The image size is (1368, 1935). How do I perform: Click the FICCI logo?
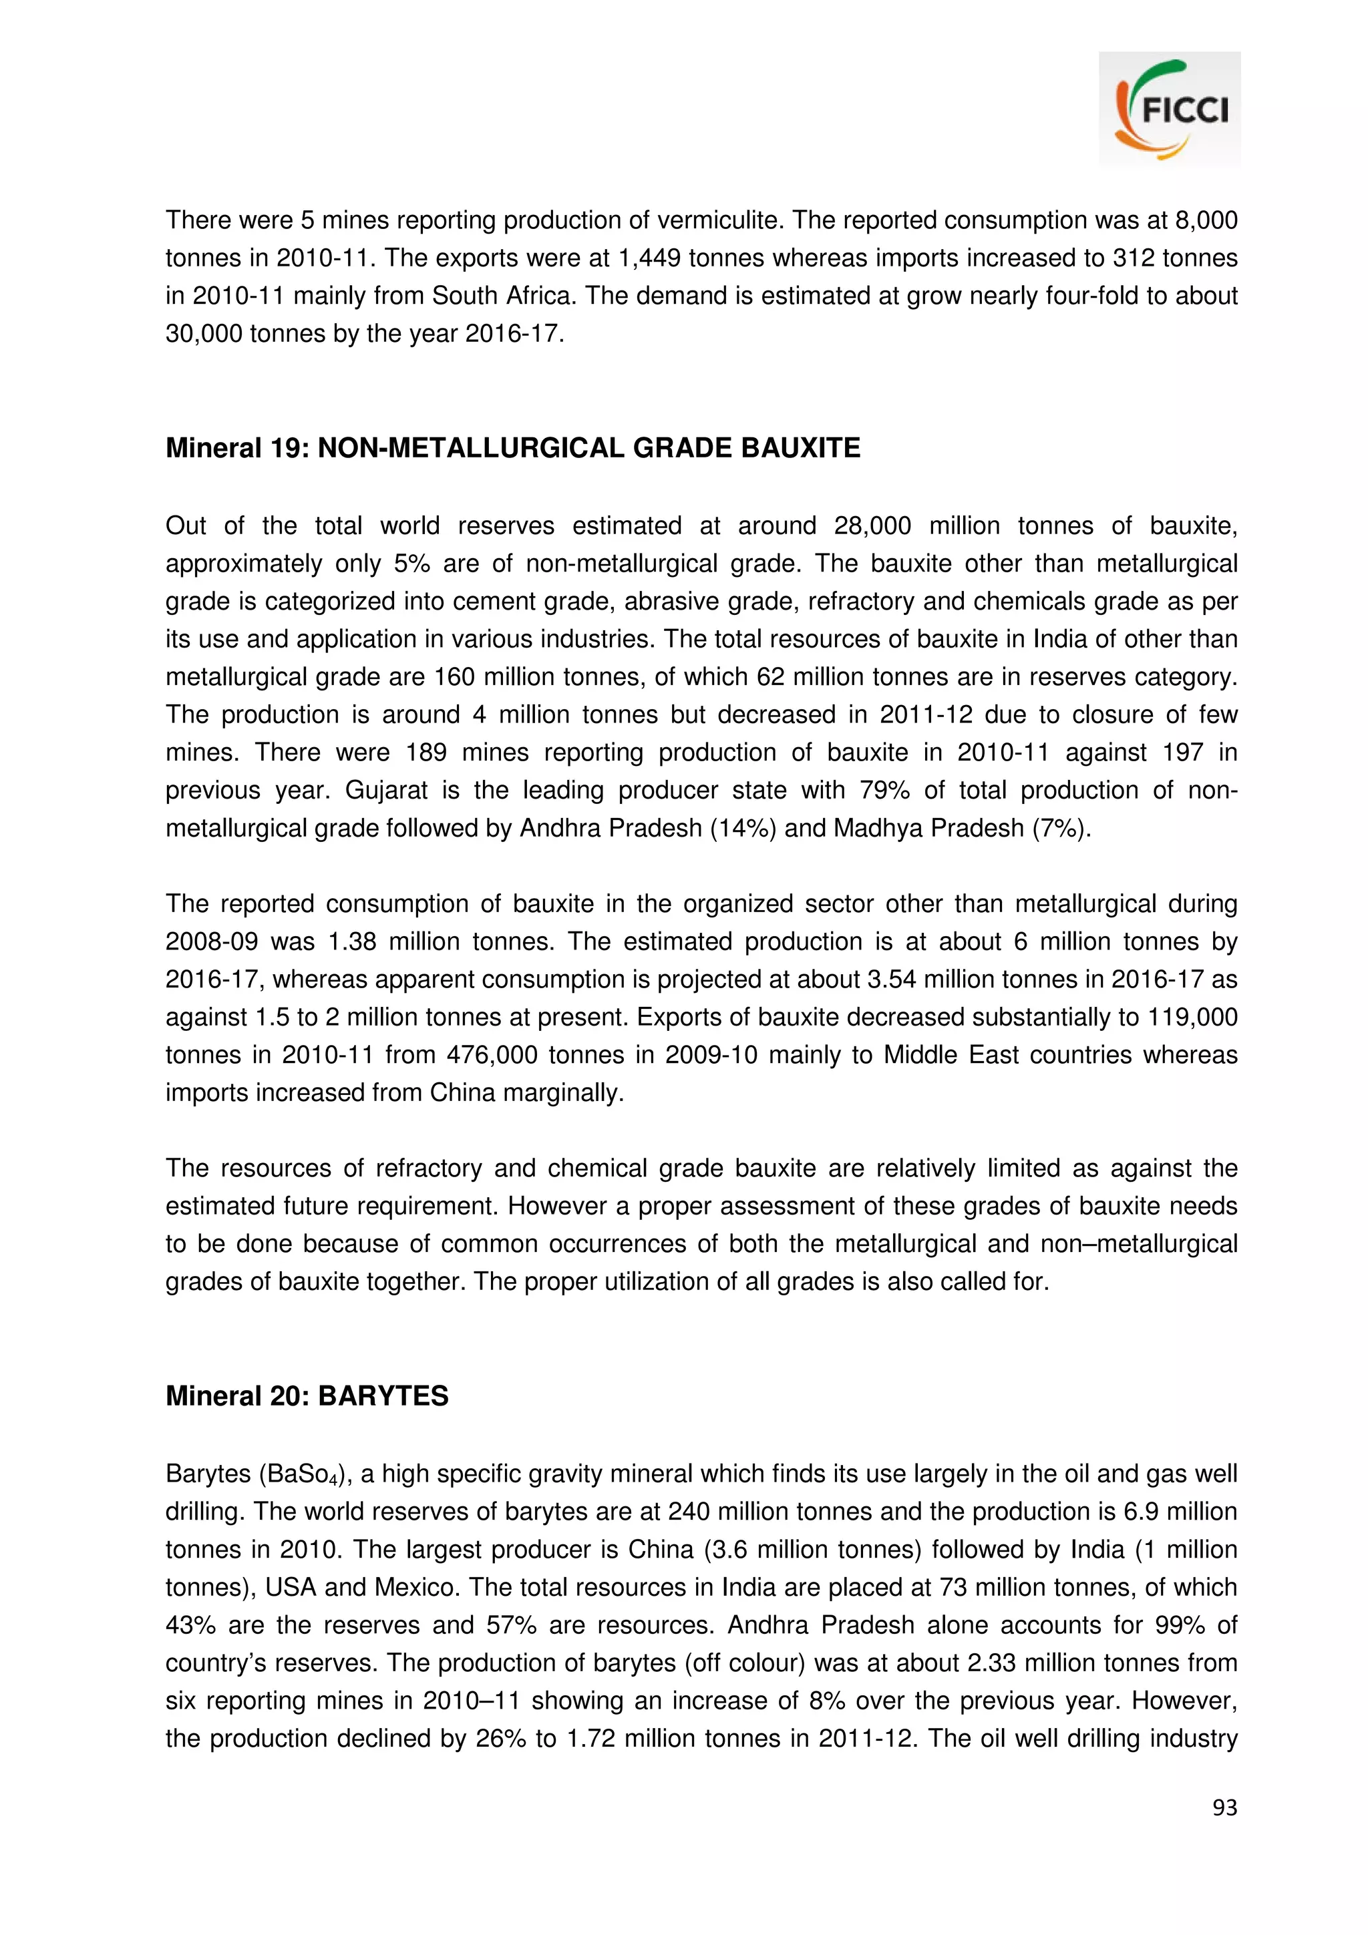[x=1169, y=109]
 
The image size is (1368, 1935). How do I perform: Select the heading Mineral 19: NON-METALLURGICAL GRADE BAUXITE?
[x=512, y=447]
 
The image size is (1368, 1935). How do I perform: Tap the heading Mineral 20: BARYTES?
[x=307, y=1395]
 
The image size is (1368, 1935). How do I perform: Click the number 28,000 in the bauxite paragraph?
[x=872, y=526]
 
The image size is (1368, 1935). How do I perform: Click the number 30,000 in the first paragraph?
[x=203, y=334]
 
